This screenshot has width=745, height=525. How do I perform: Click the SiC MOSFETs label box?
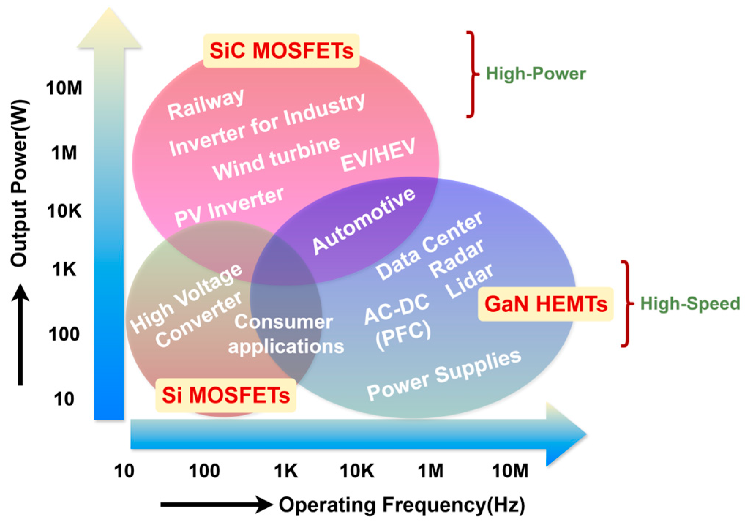(x=281, y=50)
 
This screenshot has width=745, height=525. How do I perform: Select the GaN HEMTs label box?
(x=545, y=304)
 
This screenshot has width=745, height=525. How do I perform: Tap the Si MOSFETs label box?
(x=225, y=395)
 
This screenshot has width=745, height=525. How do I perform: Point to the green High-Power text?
(x=535, y=74)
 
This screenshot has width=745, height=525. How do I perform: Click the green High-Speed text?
(x=689, y=304)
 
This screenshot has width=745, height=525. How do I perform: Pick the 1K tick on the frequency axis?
(x=285, y=470)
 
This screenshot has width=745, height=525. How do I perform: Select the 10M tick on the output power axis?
(x=64, y=88)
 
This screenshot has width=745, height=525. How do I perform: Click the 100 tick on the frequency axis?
(x=204, y=470)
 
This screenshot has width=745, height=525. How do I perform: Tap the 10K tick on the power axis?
(x=64, y=211)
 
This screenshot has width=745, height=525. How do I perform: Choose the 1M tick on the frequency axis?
(x=430, y=470)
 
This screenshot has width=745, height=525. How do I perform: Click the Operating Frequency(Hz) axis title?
(x=401, y=505)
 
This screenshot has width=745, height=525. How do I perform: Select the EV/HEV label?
(x=378, y=155)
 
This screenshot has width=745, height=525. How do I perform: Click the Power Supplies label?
(x=444, y=375)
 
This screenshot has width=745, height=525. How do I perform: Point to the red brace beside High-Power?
(x=472, y=74)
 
